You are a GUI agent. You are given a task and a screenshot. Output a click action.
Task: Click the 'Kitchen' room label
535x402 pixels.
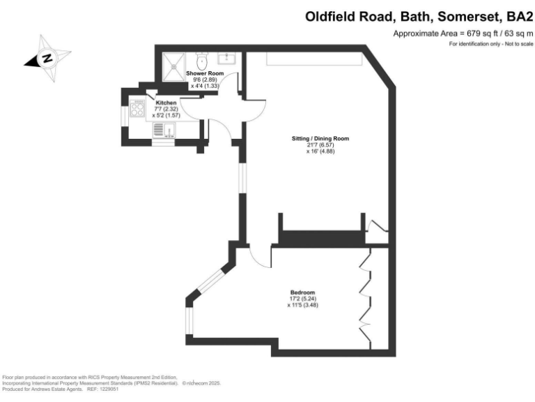pyautogui.click(x=166, y=103)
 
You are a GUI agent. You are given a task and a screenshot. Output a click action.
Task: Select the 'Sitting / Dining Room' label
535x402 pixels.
pyautogui.click(x=320, y=139)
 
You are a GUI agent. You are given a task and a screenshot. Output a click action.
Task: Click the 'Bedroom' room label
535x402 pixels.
pyautogui.click(x=303, y=292)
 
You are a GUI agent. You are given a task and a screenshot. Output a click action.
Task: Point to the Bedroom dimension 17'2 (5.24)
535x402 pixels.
pyautogui.click(x=303, y=299)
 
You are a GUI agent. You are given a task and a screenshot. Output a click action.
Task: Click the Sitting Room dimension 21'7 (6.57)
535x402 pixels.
pyautogui.click(x=320, y=145)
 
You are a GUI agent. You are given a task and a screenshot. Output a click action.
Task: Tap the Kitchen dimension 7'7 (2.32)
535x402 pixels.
pyautogui.click(x=166, y=109)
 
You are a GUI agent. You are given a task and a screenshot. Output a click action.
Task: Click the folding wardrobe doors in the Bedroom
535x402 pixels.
pyautogui.click(x=364, y=297)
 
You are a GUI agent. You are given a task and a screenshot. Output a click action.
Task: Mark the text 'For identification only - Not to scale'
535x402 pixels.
pyautogui.click(x=490, y=44)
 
